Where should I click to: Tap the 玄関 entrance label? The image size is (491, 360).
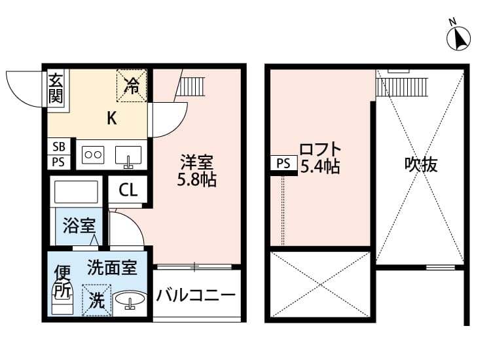point(56,88)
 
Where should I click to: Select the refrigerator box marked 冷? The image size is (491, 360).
point(132,86)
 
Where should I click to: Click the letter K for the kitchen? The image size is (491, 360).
point(112,118)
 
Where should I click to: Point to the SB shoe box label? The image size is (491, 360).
point(58,147)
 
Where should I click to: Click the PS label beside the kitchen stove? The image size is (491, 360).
point(58,162)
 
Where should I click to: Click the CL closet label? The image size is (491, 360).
point(128,190)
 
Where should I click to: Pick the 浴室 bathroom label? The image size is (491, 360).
point(79,226)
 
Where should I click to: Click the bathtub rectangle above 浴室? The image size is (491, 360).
point(76,192)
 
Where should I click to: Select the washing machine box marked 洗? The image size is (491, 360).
point(96,301)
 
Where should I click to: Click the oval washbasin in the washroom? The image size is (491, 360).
point(130,302)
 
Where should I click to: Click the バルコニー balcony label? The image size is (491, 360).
point(195,295)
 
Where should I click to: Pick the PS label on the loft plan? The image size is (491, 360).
point(283,164)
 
